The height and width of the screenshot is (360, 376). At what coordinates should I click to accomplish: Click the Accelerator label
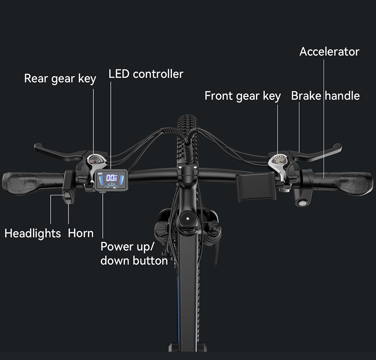click(x=329, y=51)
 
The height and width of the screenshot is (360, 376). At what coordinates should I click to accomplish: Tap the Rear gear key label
click(x=60, y=79)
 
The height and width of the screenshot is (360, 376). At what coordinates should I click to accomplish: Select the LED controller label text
click(x=146, y=74)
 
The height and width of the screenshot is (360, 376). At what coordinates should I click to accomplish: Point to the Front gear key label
click(x=243, y=96)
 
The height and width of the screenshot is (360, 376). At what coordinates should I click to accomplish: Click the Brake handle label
click(x=325, y=96)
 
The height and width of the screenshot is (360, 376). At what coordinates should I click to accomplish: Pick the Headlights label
click(x=32, y=233)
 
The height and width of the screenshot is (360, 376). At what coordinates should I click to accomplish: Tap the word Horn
click(x=80, y=233)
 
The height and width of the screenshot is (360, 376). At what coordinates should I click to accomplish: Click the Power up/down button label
click(x=134, y=254)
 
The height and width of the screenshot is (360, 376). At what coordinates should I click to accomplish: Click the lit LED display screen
click(x=111, y=180)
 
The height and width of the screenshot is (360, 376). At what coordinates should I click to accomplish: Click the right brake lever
click(x=320, y=152)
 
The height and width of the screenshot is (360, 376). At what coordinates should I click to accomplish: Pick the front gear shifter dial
click(x=279, y=160)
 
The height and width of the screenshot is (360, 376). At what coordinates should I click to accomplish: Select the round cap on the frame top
click(x=187, y=218)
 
